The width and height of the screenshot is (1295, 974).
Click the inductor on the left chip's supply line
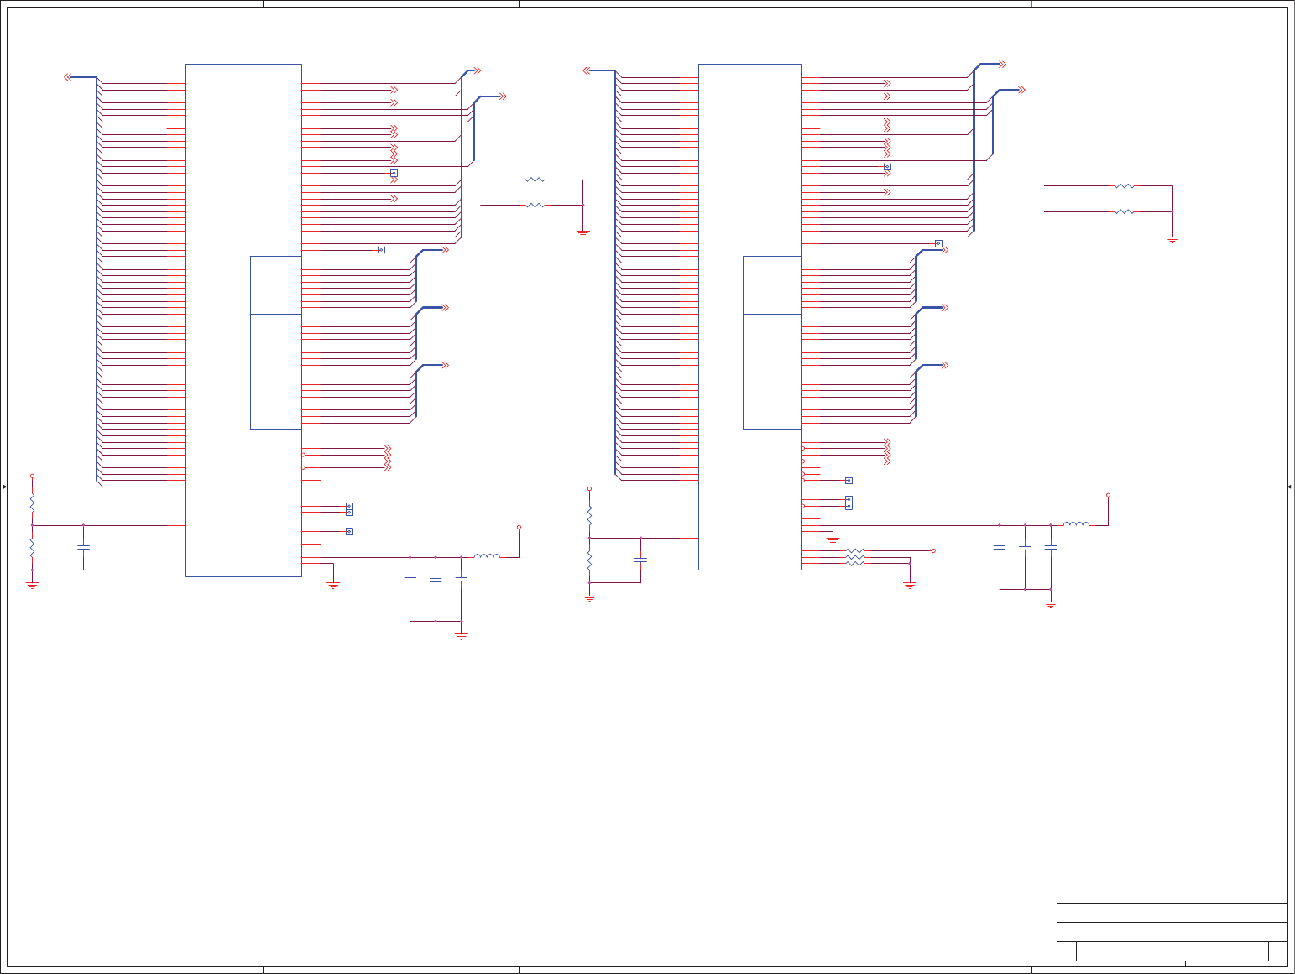pyautogui.click(x=487, y=555)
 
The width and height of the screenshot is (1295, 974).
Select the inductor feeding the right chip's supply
pyautogui.click(x=1076, y=524)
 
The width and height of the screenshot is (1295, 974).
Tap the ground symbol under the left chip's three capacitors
pyautogui.click(x=461, y=637)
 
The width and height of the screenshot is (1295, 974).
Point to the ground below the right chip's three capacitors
pyautogui.click(x=1050, y=604)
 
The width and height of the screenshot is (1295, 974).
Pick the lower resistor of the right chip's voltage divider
pyautogui.click(x=589, y=560)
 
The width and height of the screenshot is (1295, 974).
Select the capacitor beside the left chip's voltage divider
pyautogui.click(x=83, y=548)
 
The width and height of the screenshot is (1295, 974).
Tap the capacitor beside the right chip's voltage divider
pyautogui.click(x=640, y=560)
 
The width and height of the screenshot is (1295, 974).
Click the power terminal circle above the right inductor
pyautogui.click(x=1108, y=495)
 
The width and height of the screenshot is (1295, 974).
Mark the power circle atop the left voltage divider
pyautogui.click(x=32, y=476)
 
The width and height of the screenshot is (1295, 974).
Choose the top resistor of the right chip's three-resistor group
pyautogui.click(x=854, y=550)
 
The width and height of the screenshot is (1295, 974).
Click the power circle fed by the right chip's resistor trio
pyautogui.click(x=933, y=550)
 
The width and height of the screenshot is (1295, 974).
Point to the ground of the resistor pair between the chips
pyautogui.click(x=582, y=233)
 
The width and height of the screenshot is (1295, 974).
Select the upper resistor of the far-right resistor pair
pyautogui.click(x=1124, y=186)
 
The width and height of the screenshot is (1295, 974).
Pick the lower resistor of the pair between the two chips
pyautogui.click(x=535, y=205)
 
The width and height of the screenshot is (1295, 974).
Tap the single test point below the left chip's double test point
pyautogui.click(x=349, y=531)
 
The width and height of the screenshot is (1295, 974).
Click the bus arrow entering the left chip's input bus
pyautogui.click(x=68, y=77)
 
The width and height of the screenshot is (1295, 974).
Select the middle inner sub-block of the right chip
pyautogui.click(x=771, y=343)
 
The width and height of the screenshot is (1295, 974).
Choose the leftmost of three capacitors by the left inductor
pyautogui.click(x=410, y=579)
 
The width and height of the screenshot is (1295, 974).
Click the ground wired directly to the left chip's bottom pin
pyautogui.click(x=333, y=585)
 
